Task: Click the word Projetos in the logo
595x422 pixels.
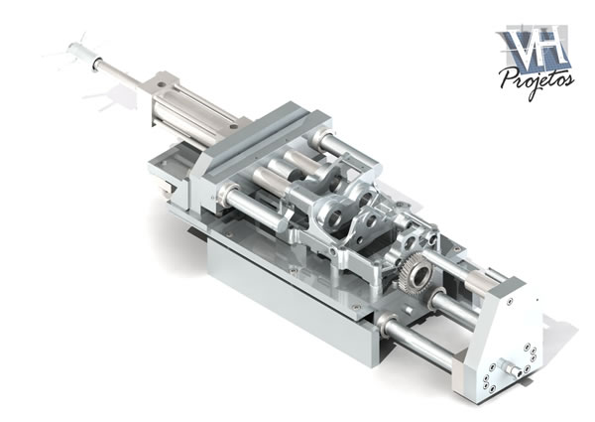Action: [536, 79]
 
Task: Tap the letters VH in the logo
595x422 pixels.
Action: [534, 47]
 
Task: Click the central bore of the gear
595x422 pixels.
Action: [420, 275]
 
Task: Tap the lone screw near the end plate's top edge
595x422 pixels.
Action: [509, 303]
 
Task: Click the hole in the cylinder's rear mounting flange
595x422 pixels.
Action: [161, 84]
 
